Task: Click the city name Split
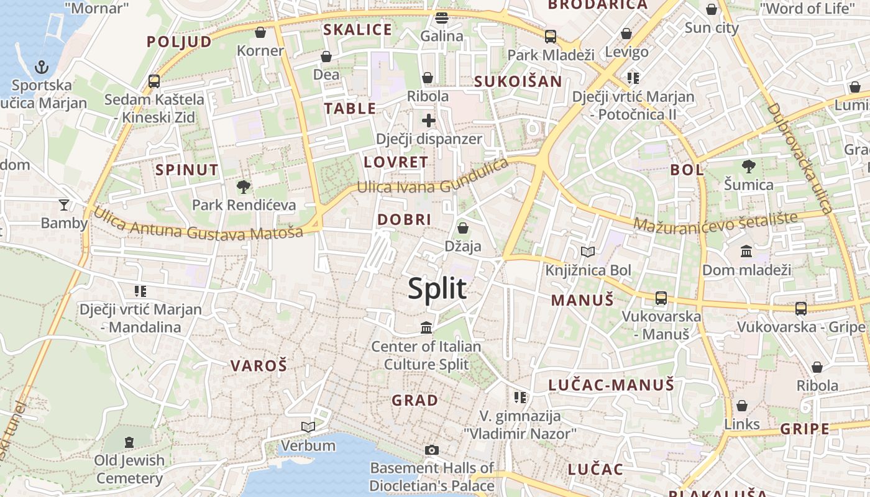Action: (437, 289)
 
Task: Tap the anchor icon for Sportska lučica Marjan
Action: (42, 66)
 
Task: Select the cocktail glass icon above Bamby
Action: (64, 204)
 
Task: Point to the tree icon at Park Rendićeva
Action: (244, 186)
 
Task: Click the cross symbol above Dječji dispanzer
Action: (428, 120)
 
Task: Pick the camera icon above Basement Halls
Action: (432, 450)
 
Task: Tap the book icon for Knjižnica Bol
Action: (588, 252)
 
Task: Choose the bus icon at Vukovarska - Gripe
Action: (801, 308)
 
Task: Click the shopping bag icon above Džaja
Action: (462, 228)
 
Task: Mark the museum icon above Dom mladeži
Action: (746, 251)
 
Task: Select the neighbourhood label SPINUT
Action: (187, 170)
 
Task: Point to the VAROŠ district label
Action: (259, 366)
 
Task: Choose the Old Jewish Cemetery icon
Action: (129, 442)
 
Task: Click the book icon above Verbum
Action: (308, 427)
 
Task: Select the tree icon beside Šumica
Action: (749, 166)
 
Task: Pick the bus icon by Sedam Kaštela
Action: (154, 81)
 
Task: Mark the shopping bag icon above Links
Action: (742, 406)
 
